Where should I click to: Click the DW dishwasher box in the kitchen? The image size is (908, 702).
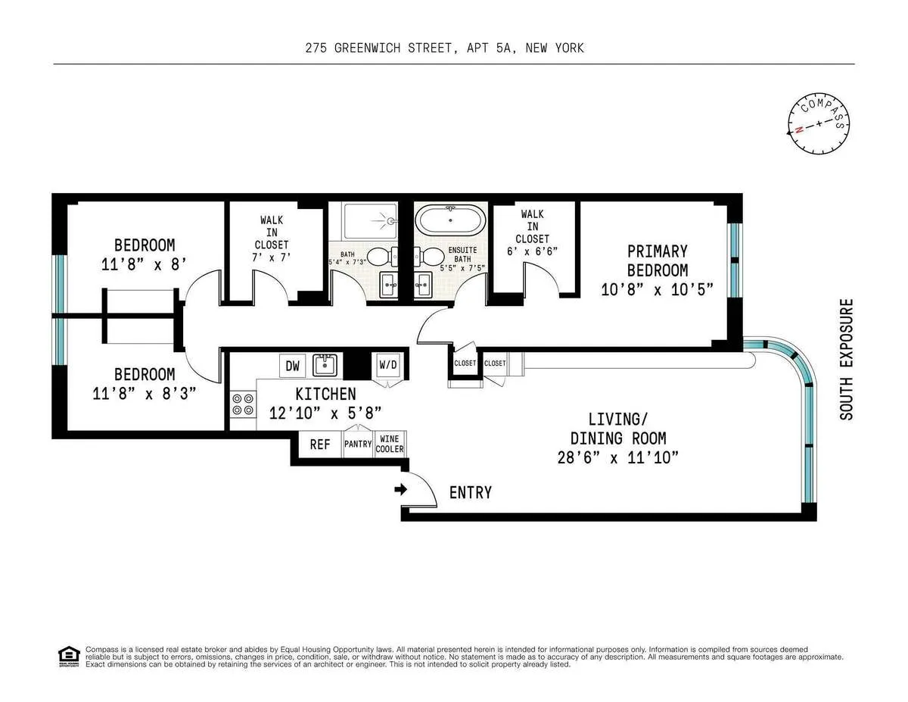click(291, 366)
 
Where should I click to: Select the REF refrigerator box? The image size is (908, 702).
click(319, 445)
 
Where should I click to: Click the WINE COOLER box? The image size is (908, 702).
click(390, 444)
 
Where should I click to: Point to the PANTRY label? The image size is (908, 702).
click(359, 445)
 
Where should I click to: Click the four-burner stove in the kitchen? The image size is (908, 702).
click(243, 404)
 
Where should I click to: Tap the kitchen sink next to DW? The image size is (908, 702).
click(325, 365)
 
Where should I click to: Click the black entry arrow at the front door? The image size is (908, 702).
click(400, 490)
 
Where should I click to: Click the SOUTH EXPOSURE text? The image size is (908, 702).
click(846, 360)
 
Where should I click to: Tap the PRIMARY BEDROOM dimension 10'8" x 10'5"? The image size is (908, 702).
click(658, 289)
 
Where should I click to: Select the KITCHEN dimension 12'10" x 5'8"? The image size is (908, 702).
click(325, 413)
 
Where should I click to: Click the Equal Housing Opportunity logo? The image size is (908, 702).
click(68, 656)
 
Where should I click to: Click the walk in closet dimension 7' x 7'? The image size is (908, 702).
click(272, 257)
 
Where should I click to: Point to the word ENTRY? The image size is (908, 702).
click(470, 493)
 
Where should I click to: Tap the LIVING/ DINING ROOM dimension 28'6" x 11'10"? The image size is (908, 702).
click(617, 457)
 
